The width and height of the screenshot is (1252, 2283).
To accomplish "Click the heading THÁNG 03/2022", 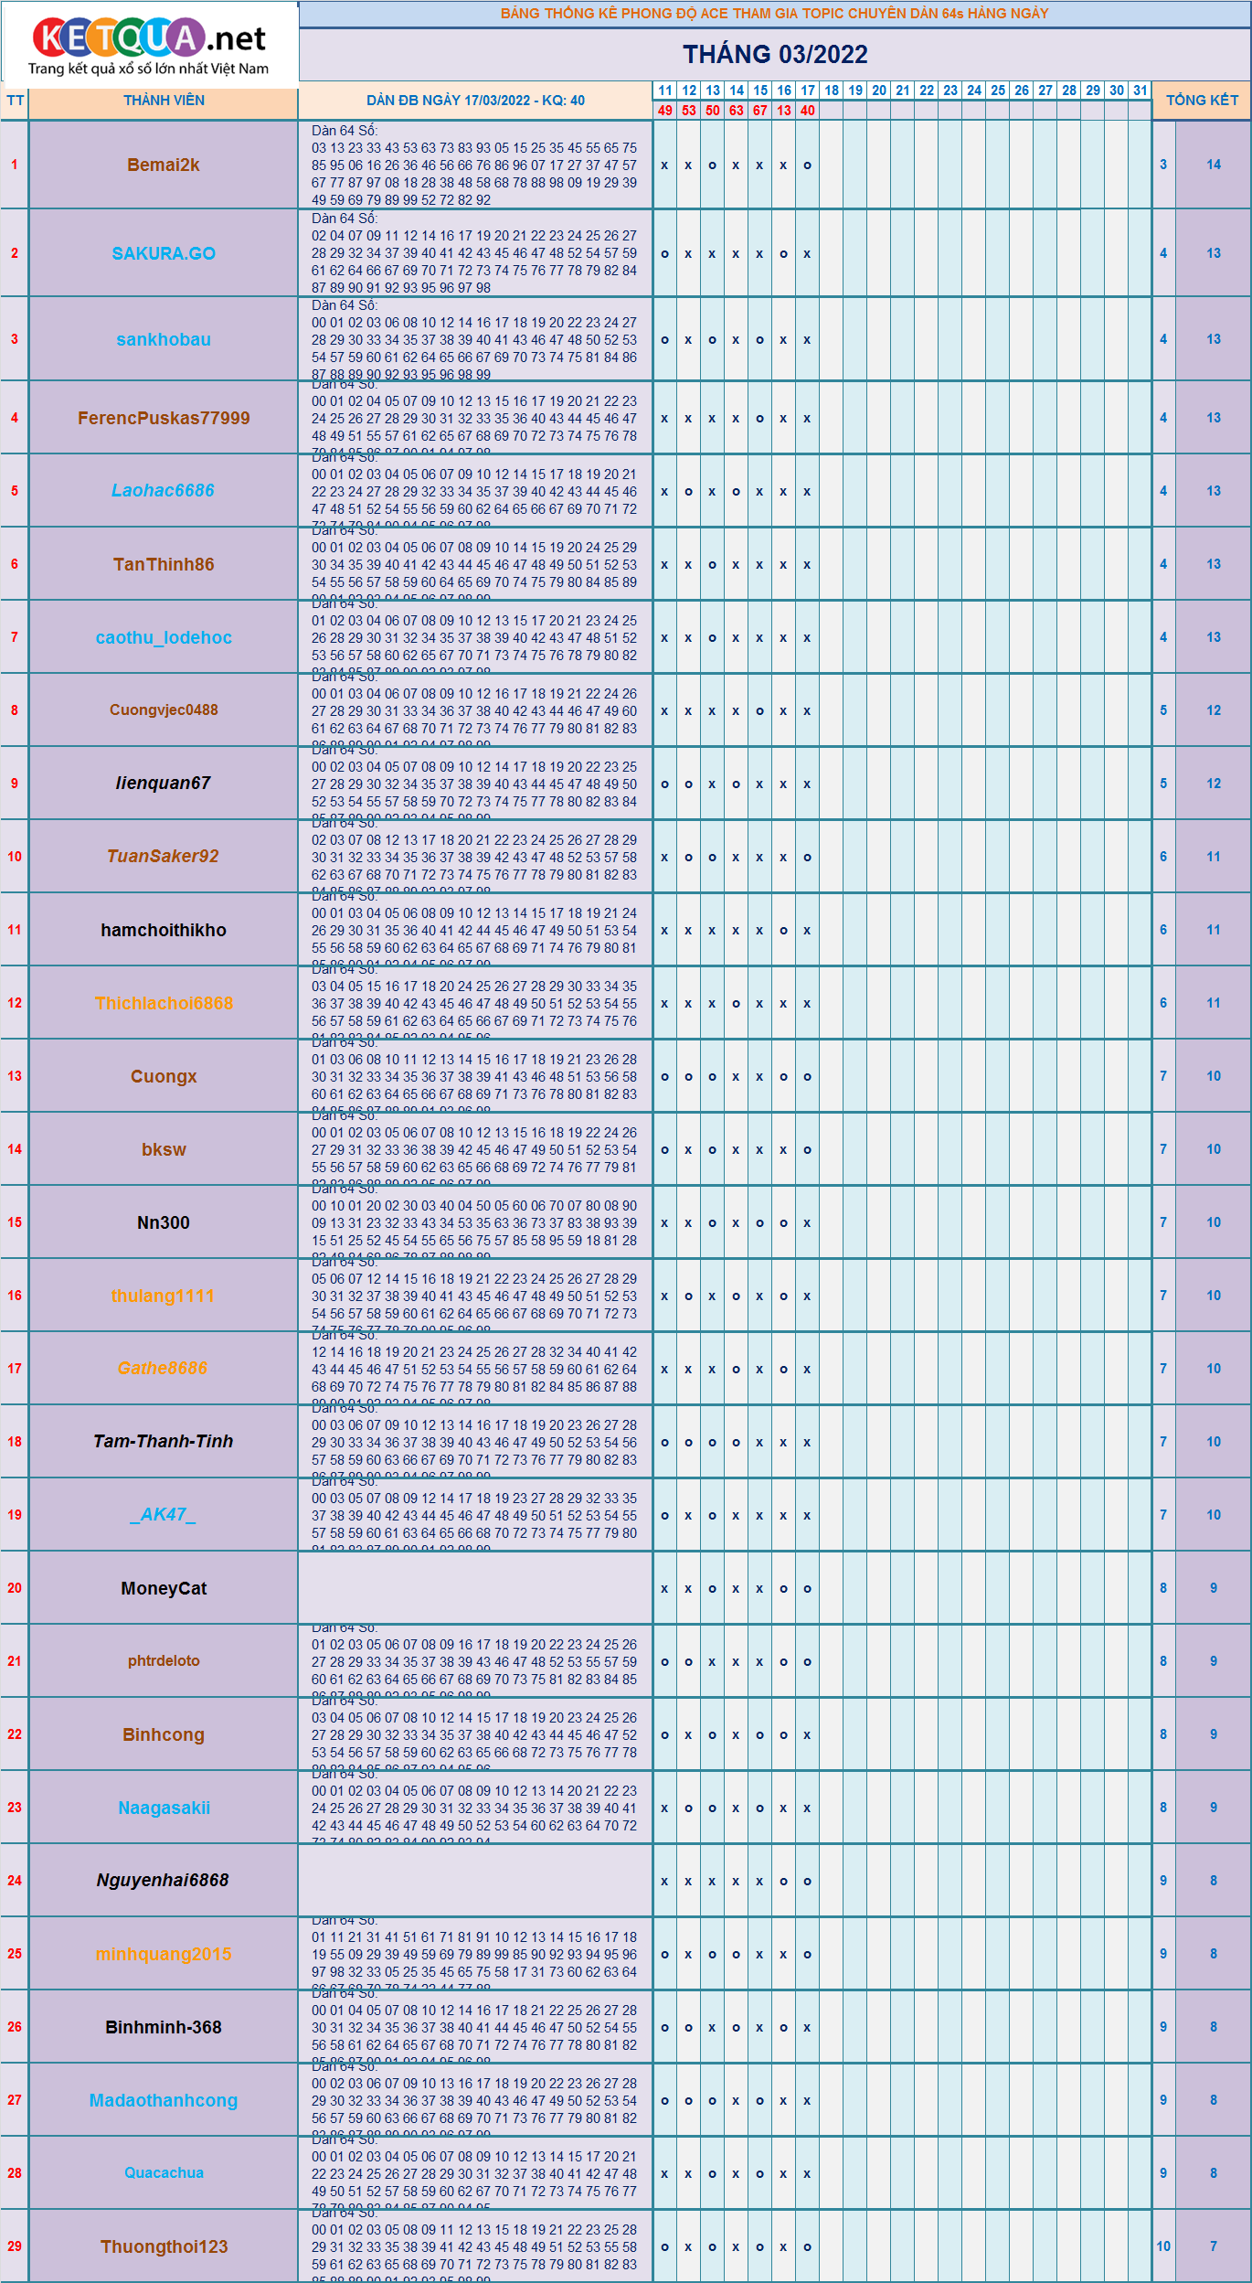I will pyautogui.click(x=775, y=55).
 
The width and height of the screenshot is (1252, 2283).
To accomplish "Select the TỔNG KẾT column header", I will pyautogui.click(x=1202, y=101).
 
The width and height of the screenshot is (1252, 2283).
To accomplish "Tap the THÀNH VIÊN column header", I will pyautogui.click(x=164, y=101).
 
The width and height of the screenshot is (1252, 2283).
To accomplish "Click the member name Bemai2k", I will pyautogui.click(x=164, y=165).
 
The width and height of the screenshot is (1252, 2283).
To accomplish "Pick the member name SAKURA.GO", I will pyautogui.click(x=164, y=254).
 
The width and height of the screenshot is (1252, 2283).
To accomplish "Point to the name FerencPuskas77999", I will pyautogui.click(x=164, y=419).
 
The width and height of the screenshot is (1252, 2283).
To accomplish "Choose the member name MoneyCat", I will pyautogui.click(x=164, y=1589).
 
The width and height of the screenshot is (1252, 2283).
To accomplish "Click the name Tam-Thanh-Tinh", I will pyautogui.click(x=164, y=1442).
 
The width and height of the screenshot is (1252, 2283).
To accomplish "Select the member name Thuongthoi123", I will pyautogui.click(x=164, y=2246).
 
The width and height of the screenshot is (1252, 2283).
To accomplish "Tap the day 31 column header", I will pyautogui.click(x=1140, y=91).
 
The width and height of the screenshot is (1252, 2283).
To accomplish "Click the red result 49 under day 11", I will pyautogui.click(x=664, y=111).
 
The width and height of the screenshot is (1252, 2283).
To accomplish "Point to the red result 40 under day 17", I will pyautogui.click(x=807, y=111).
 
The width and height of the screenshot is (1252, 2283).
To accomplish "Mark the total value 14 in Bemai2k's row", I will pyautogui.click(x=1214, y=165).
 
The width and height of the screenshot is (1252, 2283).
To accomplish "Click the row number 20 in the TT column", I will pyautogui.click(x=15, y=1588).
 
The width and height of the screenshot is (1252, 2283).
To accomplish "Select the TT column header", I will pyautogui.click(x=15, y=101).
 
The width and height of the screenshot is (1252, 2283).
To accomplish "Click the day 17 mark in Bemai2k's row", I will pyautogui.click(x=807, y=165).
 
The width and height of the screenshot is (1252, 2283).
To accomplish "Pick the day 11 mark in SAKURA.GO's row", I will pyautogui.click(x=664, y=254).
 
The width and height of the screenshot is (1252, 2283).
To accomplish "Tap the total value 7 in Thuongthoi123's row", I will pyautogui.click(x=1214, y=2246).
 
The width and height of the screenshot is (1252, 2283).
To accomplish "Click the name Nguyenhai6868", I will pyautogui.click(x=164, y=1881).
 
